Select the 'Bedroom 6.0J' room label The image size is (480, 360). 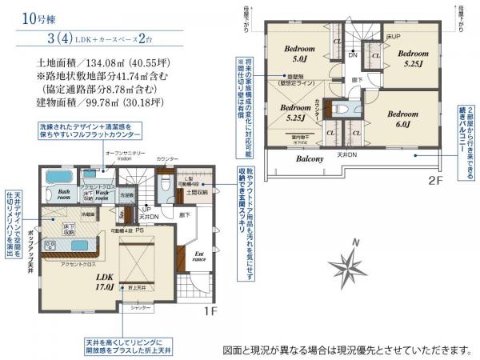click(402, 118)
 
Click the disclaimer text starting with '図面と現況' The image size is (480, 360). click(346, 350)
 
